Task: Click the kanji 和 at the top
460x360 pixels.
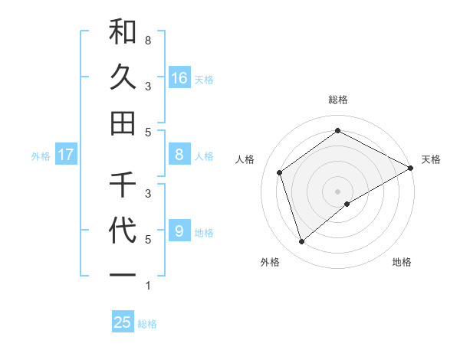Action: pos(123,33)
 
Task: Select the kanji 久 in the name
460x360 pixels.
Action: pos(123,77)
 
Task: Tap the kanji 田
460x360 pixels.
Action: pos(123,123)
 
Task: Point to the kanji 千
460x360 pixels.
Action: pos(123,185)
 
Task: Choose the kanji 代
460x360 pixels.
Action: pos(123,231)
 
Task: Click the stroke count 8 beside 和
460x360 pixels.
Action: pos(147,40)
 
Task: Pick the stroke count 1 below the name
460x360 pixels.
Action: pos(147,286)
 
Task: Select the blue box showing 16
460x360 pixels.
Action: pos(179,77)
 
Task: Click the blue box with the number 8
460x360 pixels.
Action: pos(179,155)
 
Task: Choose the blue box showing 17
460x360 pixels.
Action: pos(66,155)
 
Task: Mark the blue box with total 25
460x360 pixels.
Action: pos(123,322)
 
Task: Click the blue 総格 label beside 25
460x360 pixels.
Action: pos(147,324)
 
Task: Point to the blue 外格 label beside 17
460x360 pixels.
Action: pos(41,156)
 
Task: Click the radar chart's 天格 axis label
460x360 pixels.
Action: pos(431,159)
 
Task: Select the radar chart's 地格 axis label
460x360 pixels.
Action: pos(402,262)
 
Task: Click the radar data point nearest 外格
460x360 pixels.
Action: pos(301,242)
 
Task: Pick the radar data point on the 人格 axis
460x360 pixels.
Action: pos(280,172)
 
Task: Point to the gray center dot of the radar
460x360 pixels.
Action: pos(337,191)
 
